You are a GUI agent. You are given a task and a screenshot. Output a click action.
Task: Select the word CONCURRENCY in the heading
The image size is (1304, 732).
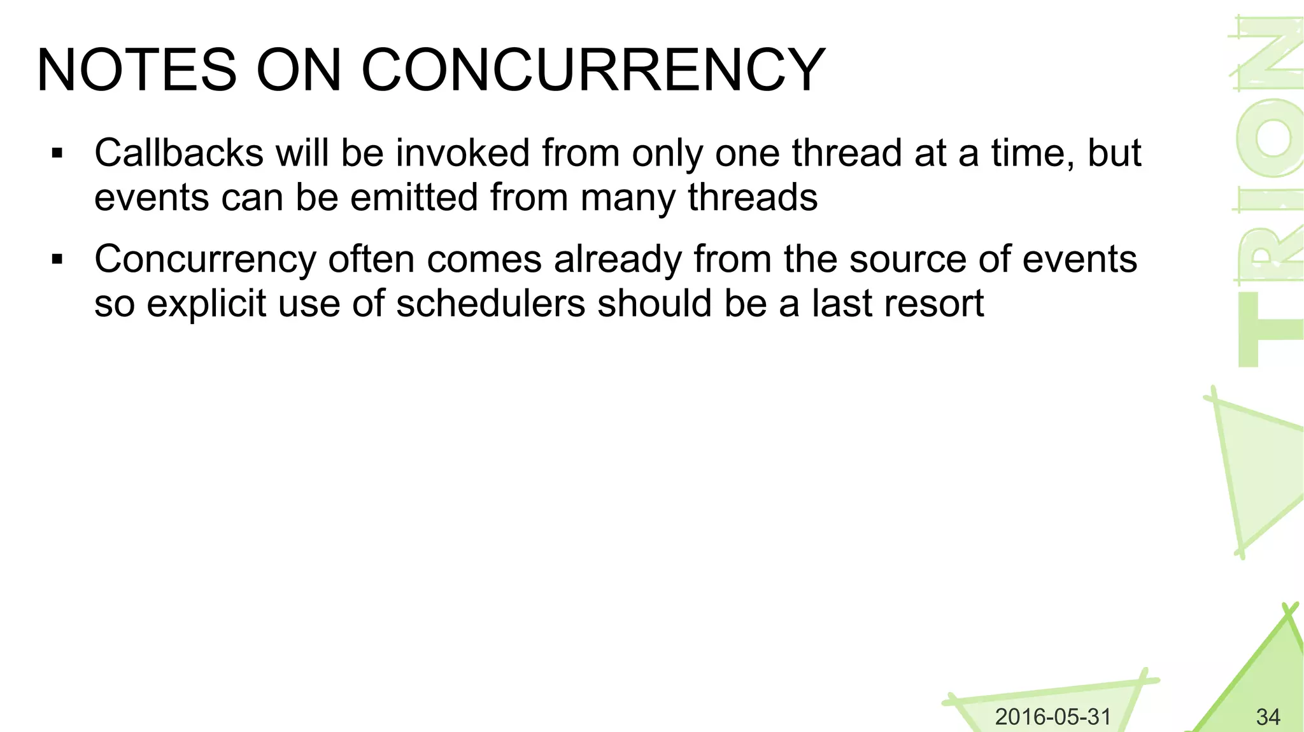(x=593, y=70)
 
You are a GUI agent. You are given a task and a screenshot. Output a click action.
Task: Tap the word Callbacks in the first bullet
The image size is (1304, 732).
(x=179, y=153)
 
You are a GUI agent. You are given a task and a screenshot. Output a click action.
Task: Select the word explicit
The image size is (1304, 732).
(x=206, y=303)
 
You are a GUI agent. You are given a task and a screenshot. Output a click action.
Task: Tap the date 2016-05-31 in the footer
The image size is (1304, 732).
(x=1052, y=717)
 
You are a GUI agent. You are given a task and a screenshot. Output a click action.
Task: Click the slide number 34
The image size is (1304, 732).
(x=1268, y=717)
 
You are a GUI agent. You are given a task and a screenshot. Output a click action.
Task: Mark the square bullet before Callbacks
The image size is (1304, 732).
(x=57, y=153)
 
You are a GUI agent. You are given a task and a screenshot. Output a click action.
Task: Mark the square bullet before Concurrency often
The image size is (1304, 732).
(x=57, y=260)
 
